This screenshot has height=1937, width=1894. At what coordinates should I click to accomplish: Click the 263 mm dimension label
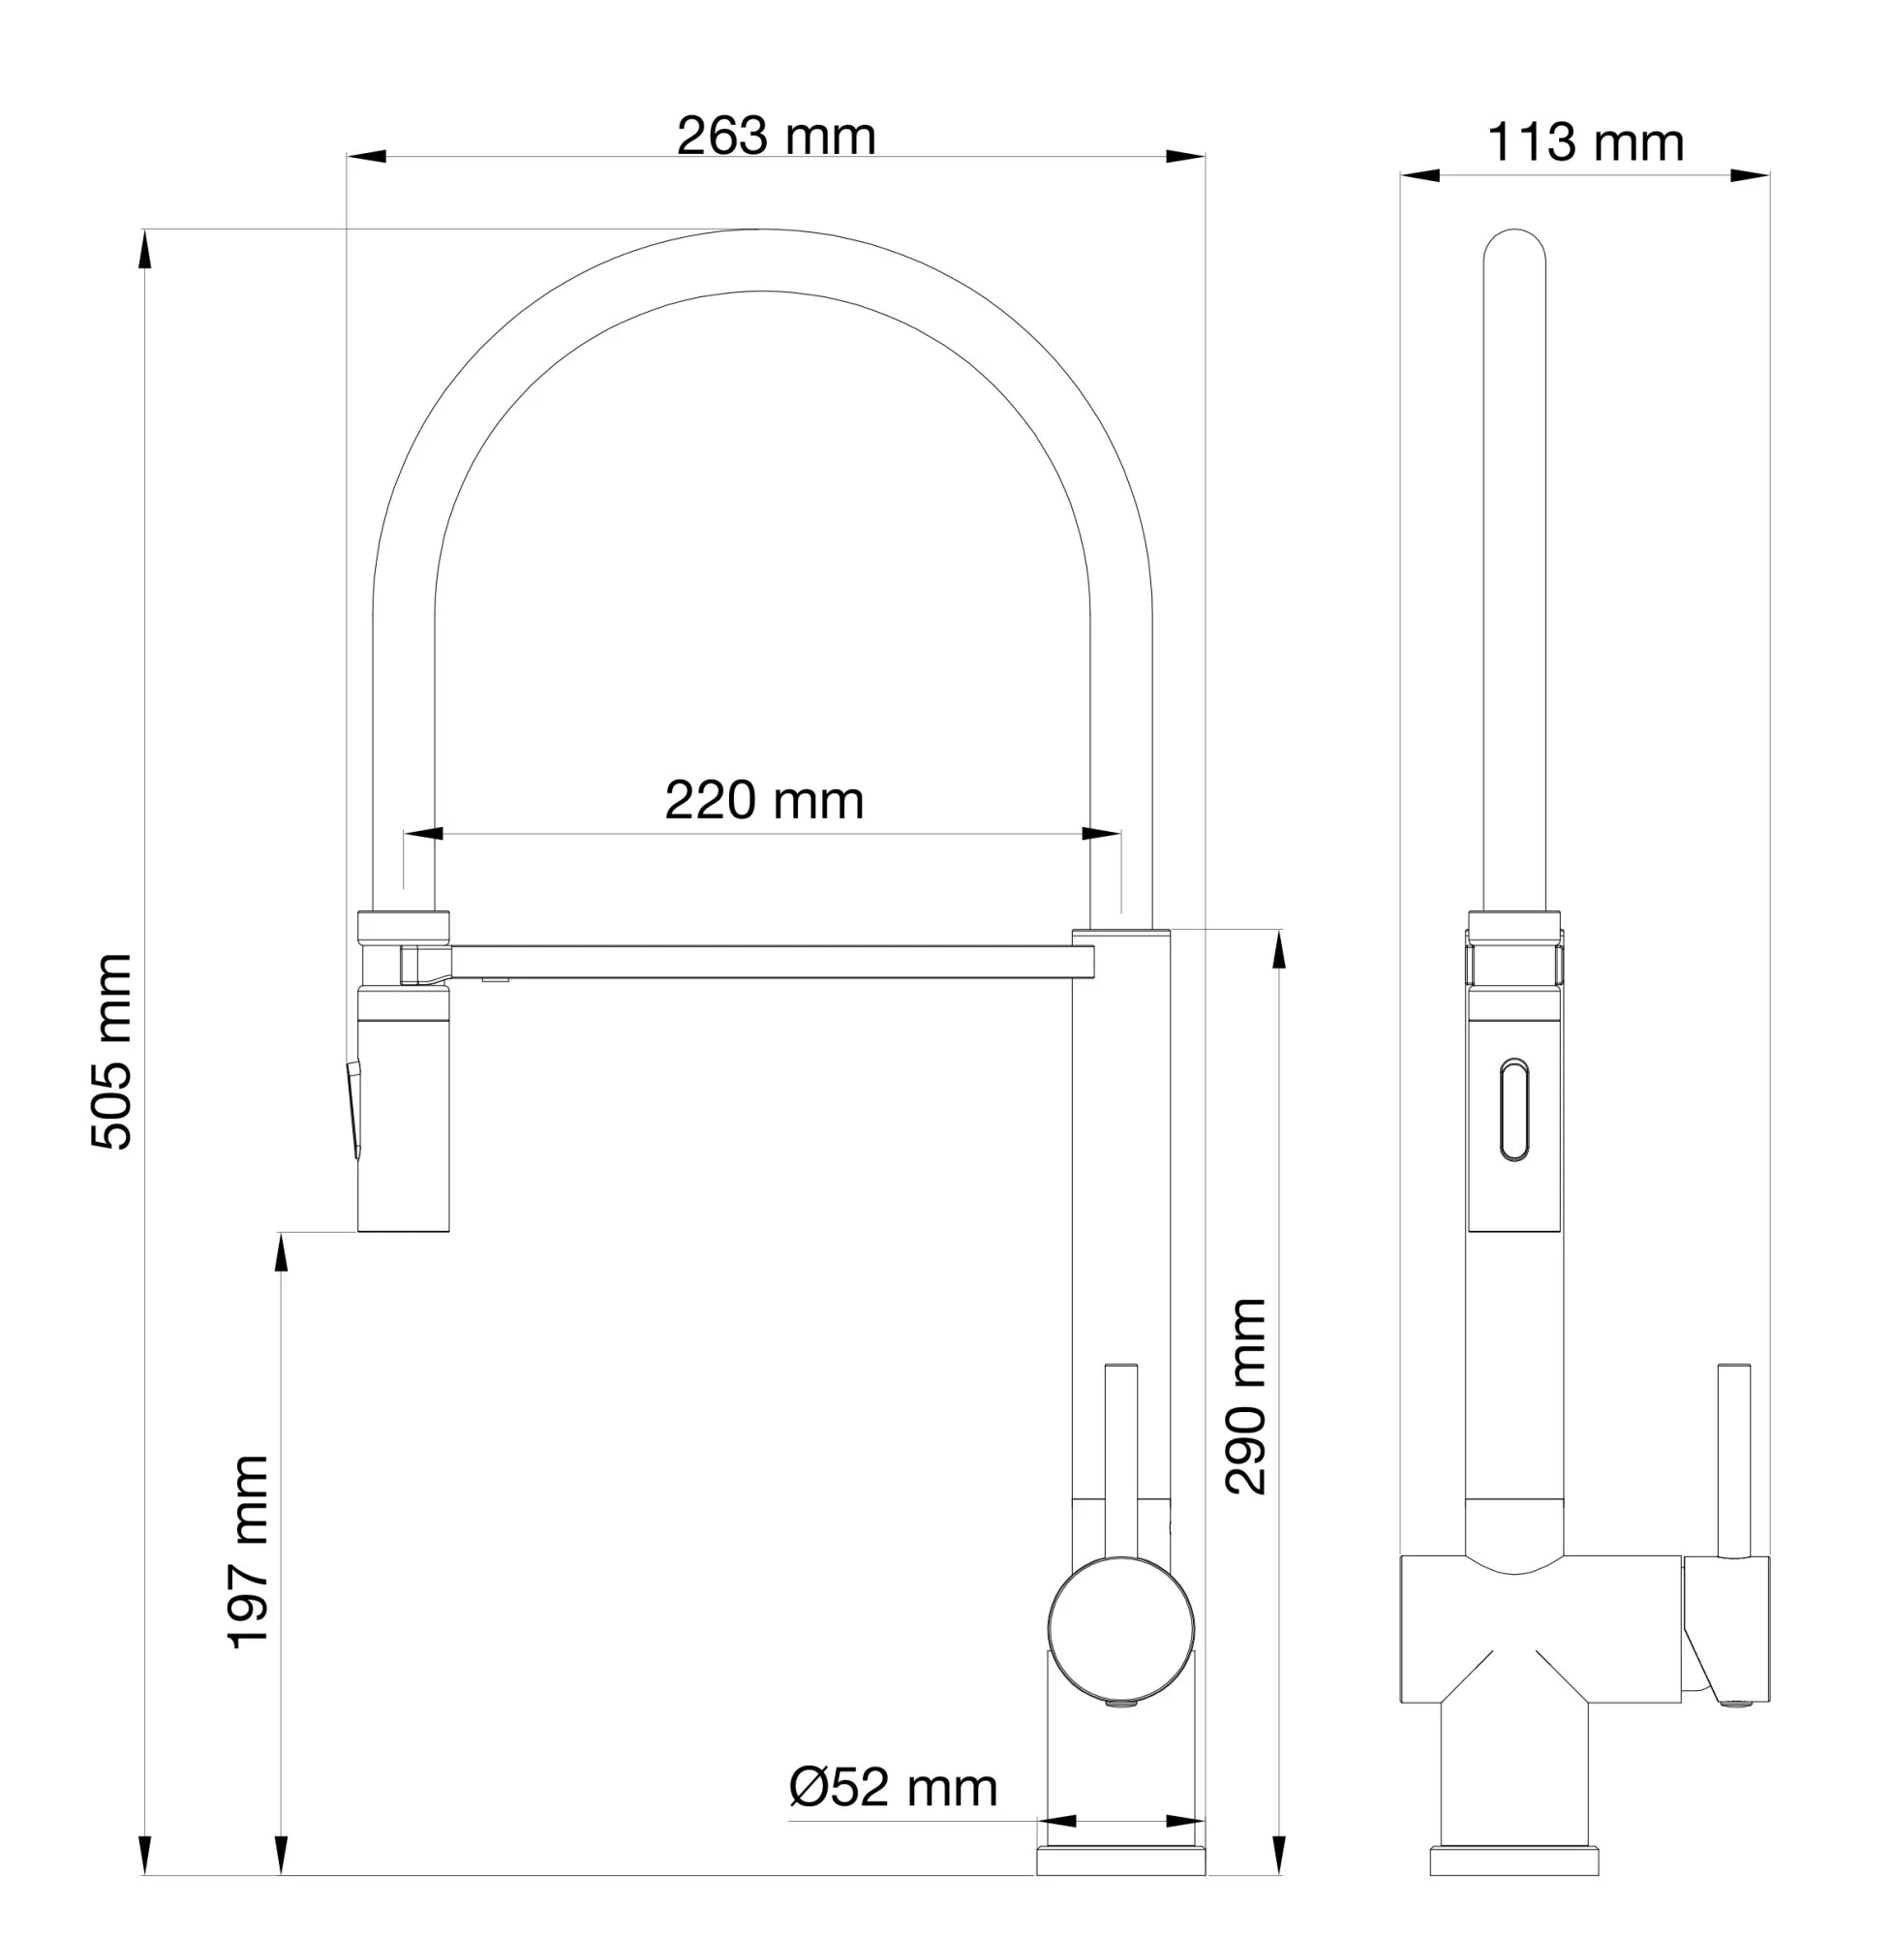[776, 137]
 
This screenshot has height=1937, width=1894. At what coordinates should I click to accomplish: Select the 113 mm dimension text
[1586, 142]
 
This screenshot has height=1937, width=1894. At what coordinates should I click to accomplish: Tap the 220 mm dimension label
[764, 800]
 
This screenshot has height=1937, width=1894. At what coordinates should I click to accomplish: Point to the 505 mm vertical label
[111, 1052]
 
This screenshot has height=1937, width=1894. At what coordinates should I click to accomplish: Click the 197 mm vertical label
[249, 1552]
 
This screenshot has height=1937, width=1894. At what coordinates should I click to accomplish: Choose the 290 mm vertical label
[1245, 1396]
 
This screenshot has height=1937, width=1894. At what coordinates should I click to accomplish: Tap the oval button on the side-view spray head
[1514, 1109]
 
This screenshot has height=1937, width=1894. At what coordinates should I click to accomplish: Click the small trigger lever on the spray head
[353, 1109]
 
